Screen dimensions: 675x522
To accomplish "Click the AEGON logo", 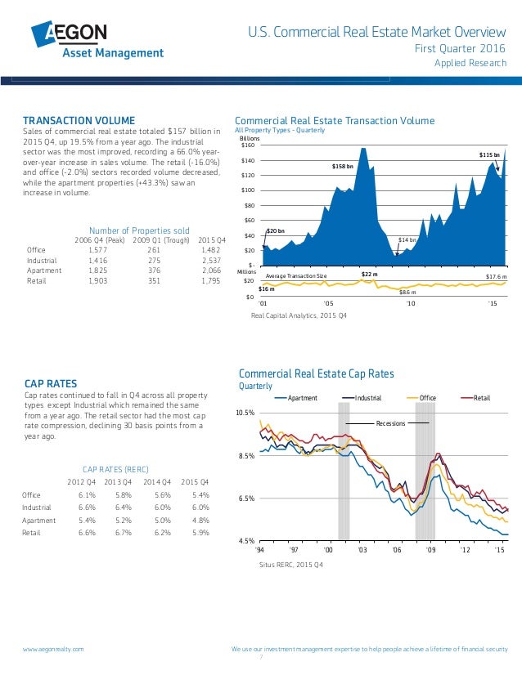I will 97,40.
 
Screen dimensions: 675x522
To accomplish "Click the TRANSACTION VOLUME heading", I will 79,121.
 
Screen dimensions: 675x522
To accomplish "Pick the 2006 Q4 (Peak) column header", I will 99,239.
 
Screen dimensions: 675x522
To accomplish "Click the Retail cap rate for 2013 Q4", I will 124,532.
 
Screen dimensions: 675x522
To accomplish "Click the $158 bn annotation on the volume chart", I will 342,166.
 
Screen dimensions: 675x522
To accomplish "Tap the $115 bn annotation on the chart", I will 488,154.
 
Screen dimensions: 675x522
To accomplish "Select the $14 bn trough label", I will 407,239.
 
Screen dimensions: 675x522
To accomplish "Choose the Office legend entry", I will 427,398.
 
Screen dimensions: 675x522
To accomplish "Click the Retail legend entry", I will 481,398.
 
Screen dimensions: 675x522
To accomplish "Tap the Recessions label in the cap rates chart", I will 389,423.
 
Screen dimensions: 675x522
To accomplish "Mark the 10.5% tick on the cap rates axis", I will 245,413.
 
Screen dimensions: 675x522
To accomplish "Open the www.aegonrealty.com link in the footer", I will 53,648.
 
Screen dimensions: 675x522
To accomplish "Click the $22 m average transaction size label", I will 369,275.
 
